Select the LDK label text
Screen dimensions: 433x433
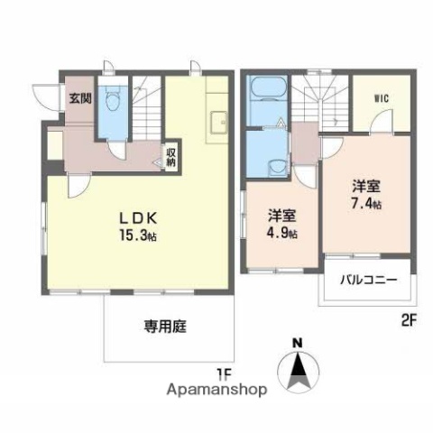point(142,217)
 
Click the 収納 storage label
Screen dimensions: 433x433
point(170,157)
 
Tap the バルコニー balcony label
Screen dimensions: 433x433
point(368,281)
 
